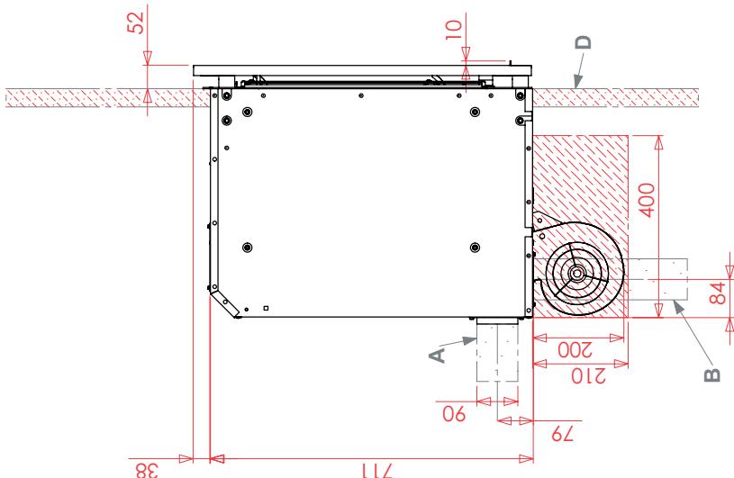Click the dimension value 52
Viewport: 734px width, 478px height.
(x=136, y=22)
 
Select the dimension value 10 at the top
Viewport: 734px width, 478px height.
(x=454, y=29)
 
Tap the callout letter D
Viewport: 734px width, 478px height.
(x=584, y=43)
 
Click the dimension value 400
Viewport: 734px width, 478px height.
(x=647, y=200)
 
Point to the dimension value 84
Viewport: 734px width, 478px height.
(x=717, y=293)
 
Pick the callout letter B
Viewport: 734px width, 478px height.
(x=712, y=375)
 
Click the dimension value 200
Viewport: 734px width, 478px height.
(x=575, y=349)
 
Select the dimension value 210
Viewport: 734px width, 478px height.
(x=588, y=375)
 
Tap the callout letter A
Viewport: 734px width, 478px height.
(x=437, y=356)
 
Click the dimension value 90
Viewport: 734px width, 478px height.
(x=454, y=414)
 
